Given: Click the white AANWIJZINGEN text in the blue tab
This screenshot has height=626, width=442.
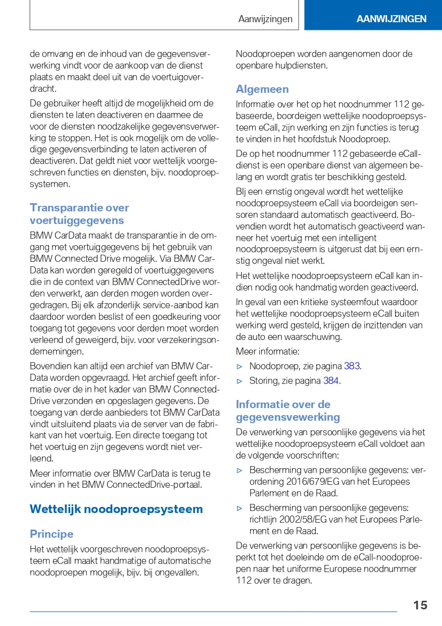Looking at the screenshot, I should pyautogui.click(x=391, y=19).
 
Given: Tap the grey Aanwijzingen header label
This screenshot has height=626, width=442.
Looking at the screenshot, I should pyautogui.click(x=265, y=19).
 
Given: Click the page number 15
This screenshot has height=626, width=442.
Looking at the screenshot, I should pyautogui.click(x=420, y=605).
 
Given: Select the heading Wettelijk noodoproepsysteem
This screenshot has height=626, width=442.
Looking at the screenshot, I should pyautogui.click(x=116, y=509).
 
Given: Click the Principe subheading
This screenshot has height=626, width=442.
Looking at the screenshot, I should pyautogui.click(x=52, y=534).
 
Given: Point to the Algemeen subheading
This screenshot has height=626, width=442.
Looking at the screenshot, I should pyautogui.click(x=262, y=89).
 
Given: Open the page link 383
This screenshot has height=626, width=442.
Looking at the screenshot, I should pyautogui.click(x=352, y=366).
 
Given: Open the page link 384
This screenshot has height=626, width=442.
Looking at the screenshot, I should pyautogui.click(x=331, y=381).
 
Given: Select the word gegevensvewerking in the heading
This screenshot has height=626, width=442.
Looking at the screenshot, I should pyautogui.click(x=288, y=417).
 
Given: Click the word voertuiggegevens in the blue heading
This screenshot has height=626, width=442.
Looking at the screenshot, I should pyautogui.click(x=77, y=220).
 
